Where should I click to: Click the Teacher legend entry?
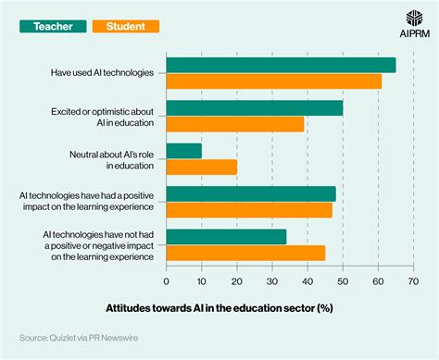[x=53, y=27]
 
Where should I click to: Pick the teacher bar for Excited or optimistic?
[x=255, y=108]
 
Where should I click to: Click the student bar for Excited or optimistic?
[x=235, y=124]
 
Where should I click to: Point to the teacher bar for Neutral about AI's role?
[x=184, y=151]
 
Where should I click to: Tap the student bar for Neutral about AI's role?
[x=202, y=167]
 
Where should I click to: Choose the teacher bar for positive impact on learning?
[x=251, y=193]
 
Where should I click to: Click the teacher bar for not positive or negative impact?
[x=226, y=237]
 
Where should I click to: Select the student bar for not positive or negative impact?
[x=245, y=253]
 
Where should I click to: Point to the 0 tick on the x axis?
[x=167, y=281]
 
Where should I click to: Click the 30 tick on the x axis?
[x=272, y=281]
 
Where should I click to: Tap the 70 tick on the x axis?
[x=413, y=281]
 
